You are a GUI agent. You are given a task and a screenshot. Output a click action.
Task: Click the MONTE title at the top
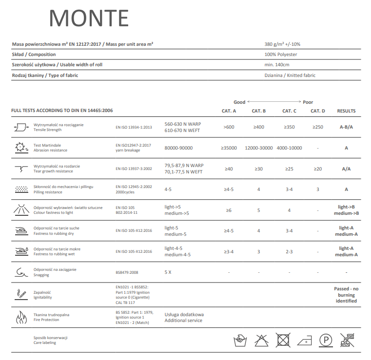89,18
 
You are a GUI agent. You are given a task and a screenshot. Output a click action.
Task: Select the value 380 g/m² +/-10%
285,44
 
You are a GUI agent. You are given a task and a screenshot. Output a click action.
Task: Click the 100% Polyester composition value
280,55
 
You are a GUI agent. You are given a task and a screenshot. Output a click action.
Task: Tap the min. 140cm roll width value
277,65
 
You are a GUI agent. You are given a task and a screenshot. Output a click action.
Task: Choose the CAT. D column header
318,111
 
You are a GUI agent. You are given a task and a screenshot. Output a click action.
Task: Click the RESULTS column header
346,111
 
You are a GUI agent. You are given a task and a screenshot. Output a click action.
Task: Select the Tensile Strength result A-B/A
346,127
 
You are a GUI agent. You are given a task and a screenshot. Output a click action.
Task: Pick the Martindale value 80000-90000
178,148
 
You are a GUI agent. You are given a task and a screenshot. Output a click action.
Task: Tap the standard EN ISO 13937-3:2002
134,169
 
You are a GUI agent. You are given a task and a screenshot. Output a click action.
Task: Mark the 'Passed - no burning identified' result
346,295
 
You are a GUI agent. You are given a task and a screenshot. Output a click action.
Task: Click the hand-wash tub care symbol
240,340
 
